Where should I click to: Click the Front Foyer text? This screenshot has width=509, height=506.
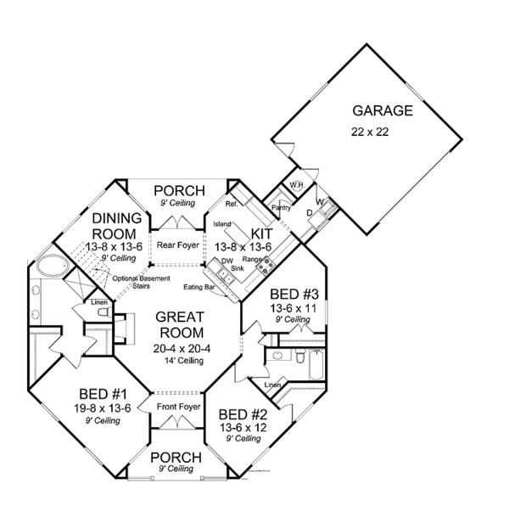click(177, 408)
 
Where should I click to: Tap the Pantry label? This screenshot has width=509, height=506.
click(281, 207)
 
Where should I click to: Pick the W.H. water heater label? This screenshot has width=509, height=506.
click(297, 185)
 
